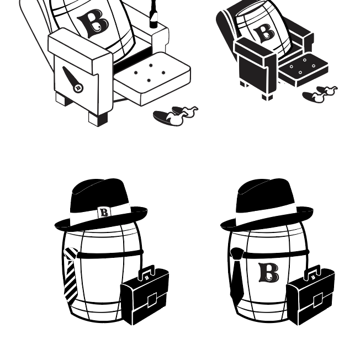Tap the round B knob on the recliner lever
(x=78, y=88)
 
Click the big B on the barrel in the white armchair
(x=93, y=23)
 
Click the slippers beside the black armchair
(x=320, y=94)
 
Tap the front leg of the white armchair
(x=98, y=119)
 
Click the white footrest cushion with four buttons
(x=152, y=78)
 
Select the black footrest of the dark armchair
(x=303, y=70)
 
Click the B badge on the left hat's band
(x=104, y=213)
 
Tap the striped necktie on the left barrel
(x=70, y=275)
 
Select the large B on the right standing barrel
(x=269, y=273)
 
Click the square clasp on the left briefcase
(x=152, y=300)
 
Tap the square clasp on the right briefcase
(x=318, y=300)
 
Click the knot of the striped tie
(x=71, y=253)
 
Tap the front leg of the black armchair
(x=267, y=97)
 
